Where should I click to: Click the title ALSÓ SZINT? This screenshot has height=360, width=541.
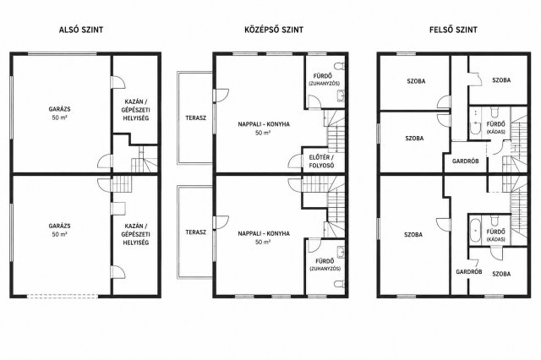81,30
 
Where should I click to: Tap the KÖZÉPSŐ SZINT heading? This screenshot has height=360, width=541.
274,30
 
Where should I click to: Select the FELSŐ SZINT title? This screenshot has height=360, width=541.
453,30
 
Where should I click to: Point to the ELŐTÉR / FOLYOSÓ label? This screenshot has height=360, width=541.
321,161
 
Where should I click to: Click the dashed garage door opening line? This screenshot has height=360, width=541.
63,296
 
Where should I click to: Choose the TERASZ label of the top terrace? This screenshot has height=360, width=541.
195,118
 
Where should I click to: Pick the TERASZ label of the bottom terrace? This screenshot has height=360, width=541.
195,232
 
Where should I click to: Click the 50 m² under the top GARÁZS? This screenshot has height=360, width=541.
59,117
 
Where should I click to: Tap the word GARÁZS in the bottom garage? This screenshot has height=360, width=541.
59,226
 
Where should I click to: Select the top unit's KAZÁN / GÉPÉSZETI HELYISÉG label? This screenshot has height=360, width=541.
135,110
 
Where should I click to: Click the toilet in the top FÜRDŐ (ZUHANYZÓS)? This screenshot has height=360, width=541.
340,65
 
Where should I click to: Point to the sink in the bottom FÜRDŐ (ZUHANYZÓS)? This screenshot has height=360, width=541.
341,252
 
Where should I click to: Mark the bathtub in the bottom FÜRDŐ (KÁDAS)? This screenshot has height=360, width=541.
475,230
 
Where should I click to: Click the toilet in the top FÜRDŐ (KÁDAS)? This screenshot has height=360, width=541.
495,112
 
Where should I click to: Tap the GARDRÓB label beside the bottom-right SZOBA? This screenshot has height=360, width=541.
469,272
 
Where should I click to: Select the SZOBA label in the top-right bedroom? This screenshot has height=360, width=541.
501,80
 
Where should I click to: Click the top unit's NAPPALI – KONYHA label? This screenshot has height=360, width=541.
264,124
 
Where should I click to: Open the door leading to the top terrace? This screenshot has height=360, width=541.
221,95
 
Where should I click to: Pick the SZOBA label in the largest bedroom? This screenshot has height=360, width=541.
413,234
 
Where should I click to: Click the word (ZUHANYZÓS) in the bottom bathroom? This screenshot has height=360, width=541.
325,269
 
